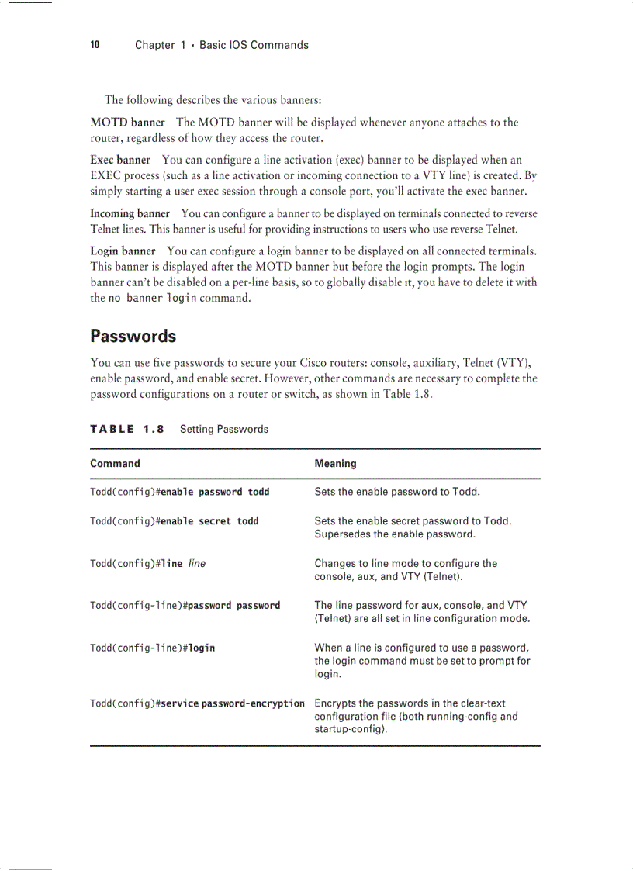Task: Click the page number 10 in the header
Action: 95,45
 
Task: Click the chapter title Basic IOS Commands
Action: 254,45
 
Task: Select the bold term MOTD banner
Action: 127,123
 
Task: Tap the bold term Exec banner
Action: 120,161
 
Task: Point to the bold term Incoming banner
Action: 130,213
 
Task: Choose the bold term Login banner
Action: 123,251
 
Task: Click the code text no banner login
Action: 152,299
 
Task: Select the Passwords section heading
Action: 133,337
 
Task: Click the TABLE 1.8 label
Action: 127,429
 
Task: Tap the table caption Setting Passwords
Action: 224,429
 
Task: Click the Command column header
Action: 115,464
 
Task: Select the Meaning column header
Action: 335,464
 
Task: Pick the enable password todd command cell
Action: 180,492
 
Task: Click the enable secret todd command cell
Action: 175,521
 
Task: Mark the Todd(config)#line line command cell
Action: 148,564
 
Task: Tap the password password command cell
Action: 185,606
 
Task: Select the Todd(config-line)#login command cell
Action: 153,648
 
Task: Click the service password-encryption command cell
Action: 197,703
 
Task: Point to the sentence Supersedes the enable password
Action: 395,534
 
